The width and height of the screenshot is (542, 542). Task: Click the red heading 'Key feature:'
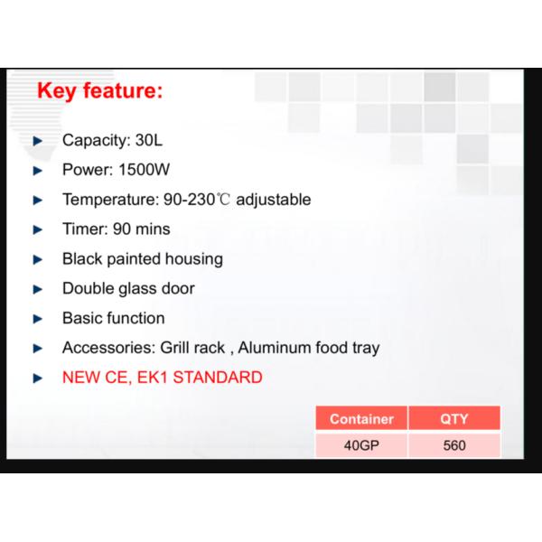[99, 91]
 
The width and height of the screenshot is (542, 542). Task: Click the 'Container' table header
[361, 419]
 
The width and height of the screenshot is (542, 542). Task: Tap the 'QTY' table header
[454, 419]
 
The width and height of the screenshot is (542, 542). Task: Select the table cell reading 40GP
[361, 445]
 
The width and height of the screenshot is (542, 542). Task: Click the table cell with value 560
[454, 445]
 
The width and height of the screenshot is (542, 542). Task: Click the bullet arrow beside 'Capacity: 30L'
[38, 141]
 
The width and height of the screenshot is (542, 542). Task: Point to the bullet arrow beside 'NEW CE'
[38, 378]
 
